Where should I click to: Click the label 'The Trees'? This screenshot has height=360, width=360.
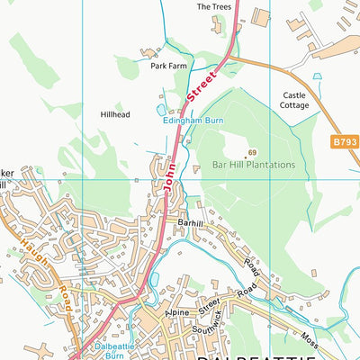(x=214, y=6)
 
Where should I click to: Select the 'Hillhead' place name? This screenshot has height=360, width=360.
(x=114, y=115)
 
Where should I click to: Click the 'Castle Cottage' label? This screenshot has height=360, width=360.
(x=294, y=100)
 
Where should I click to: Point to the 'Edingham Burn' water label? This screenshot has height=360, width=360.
(x=193, y=118)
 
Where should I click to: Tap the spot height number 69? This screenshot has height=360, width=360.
(x=253, y=152)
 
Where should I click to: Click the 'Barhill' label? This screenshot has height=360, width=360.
(x=192, y=221)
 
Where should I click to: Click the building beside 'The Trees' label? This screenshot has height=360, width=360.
(x=261, y=16)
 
